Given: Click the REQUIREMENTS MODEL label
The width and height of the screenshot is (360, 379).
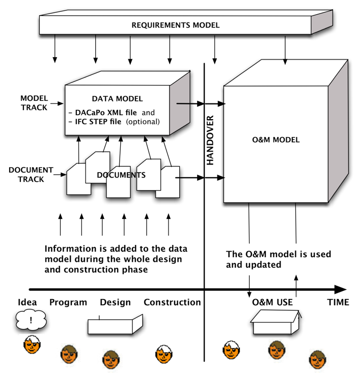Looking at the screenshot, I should point(176,25).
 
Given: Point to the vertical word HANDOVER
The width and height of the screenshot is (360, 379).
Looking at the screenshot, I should point(210,140).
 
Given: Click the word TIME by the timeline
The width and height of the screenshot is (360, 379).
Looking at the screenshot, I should point(338,303).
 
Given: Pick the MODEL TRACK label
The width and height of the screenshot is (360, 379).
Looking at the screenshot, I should point(34,102).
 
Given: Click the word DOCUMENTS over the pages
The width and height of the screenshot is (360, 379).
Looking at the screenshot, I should point(121,175).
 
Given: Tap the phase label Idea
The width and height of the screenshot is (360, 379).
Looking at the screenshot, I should point(27,302).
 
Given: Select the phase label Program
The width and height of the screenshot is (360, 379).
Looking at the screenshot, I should point(68,302).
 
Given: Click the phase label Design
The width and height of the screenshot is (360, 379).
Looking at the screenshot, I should point(115,302).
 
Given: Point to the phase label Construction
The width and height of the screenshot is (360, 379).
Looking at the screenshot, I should point(172,302).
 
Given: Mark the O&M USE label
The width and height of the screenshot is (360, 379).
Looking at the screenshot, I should point(272,303).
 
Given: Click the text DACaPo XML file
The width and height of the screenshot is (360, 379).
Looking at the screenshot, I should point(104,112).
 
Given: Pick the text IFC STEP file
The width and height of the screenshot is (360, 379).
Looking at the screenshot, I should point(98,122).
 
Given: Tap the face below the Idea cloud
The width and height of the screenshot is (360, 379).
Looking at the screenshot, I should point(32,345).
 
